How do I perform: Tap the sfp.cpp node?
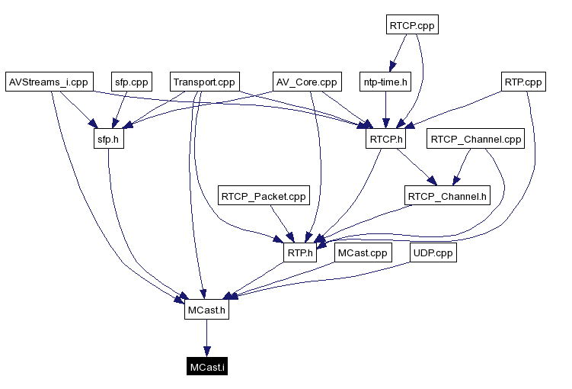pos(132,82)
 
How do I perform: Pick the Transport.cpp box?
pos(204,82)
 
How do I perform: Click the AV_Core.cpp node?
pos(305,82)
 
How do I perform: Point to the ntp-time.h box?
pos(385,82)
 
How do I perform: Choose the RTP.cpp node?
pos(523,82)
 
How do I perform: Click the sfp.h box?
pos(107,140)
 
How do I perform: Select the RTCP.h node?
pos(385,140)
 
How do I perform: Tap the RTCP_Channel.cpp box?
pos(476,140)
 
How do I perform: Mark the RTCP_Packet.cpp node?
pos(264,196)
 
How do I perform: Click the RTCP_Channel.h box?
pos(447,196)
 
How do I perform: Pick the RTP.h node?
pos(300,253)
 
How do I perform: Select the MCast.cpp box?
pos(363,253)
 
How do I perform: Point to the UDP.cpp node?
pos(433,253)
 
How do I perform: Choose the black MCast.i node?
pos(206,368)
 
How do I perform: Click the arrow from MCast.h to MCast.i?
pos(206,339)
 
